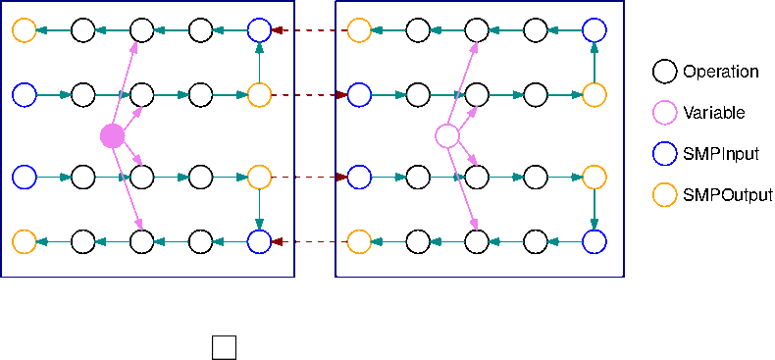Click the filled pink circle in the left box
(x=113, y=136)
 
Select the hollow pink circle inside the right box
(x=447, y=136)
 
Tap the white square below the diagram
(x=224, y=347)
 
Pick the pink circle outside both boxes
(x=665, y=113)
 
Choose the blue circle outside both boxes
(x=665, y=154)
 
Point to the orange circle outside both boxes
(x=665, y=195)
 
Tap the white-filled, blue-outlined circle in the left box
(x=25, y=178)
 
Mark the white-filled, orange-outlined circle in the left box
(x=259, y=178)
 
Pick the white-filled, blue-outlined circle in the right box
(x=359, y=95)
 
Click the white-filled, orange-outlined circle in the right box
(x=594, y=95)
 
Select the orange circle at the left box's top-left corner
(x=25, y=30)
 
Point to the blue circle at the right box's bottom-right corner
(x=594, y=242)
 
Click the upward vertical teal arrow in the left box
(x=259, y=63)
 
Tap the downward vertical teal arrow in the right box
(x=594, y=210)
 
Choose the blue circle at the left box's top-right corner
(x=259, y=30)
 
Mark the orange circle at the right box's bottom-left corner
(x=359, y=242)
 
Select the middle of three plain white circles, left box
(x=142, y=178)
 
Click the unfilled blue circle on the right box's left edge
(x=359, y=178)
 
